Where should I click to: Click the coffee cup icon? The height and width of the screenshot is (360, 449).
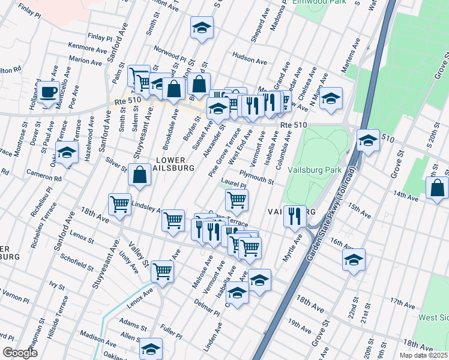point(49,93)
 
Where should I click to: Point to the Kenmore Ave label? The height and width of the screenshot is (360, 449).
point(86,45)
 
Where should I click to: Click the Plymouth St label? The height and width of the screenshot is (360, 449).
point(256,178)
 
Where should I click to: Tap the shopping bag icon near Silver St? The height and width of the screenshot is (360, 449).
point(139,175)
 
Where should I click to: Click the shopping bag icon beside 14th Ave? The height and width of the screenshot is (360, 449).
point(438,187)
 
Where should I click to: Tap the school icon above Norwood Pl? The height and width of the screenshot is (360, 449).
point(202,28)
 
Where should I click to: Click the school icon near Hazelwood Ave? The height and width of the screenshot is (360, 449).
point(67,152)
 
